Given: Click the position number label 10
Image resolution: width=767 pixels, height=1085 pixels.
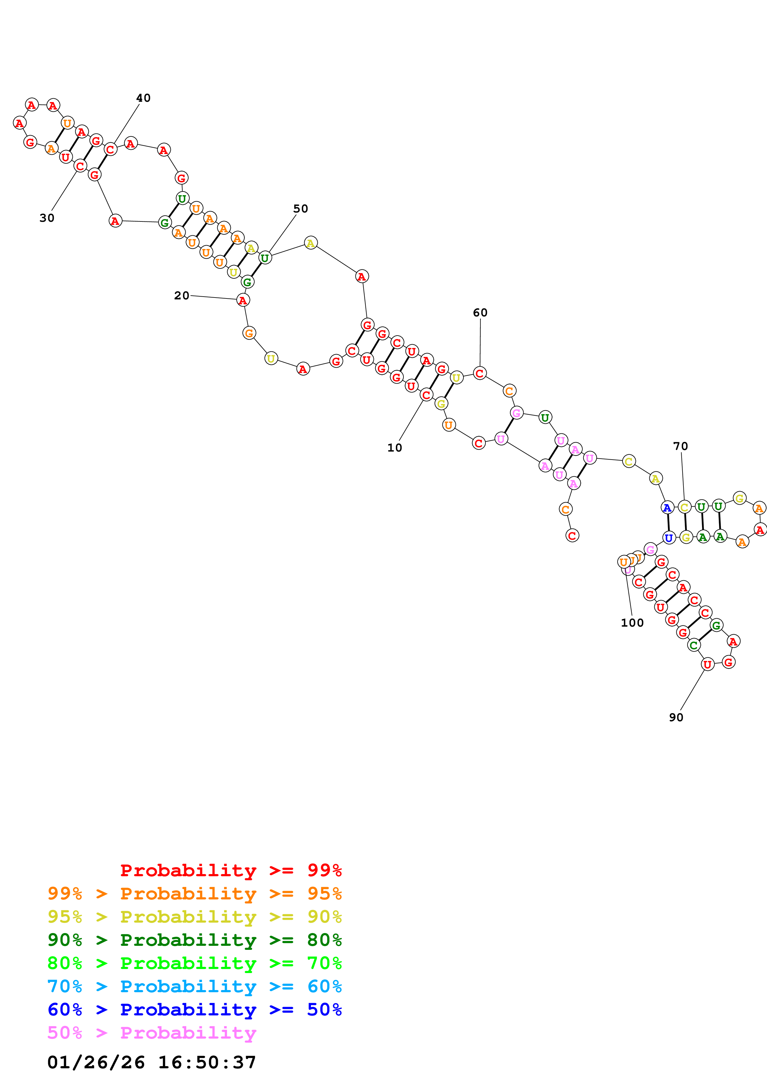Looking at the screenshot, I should (394, 448).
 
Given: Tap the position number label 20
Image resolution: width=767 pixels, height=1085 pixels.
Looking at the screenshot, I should (182, 295).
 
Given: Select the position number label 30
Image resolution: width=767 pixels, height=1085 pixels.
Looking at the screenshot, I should (47, 218).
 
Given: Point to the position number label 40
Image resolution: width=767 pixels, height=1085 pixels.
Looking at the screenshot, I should (143, 98).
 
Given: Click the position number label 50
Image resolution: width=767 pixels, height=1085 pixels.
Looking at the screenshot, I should (300, 208).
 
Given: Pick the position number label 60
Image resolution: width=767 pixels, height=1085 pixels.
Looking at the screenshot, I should (480, 312).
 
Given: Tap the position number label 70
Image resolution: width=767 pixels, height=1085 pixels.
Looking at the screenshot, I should (680, 446).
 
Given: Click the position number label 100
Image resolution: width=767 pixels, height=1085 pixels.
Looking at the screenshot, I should (632, 623).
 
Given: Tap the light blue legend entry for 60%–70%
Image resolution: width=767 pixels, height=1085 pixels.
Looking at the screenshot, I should (195, 986).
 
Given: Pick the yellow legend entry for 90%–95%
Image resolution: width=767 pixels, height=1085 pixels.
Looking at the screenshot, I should (195, 917).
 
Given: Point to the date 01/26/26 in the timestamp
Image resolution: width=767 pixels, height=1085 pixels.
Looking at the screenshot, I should (96, 1062).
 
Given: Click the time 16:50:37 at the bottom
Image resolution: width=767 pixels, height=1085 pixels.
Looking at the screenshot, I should (207, 1062).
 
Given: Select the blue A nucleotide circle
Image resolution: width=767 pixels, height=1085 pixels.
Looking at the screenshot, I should (667, 508).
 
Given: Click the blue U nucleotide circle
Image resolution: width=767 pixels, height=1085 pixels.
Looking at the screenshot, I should (669, 538).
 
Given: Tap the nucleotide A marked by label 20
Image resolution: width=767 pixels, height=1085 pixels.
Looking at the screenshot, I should (243, 300).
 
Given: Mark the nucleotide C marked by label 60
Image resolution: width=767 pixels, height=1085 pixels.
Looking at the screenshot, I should (480, 373).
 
